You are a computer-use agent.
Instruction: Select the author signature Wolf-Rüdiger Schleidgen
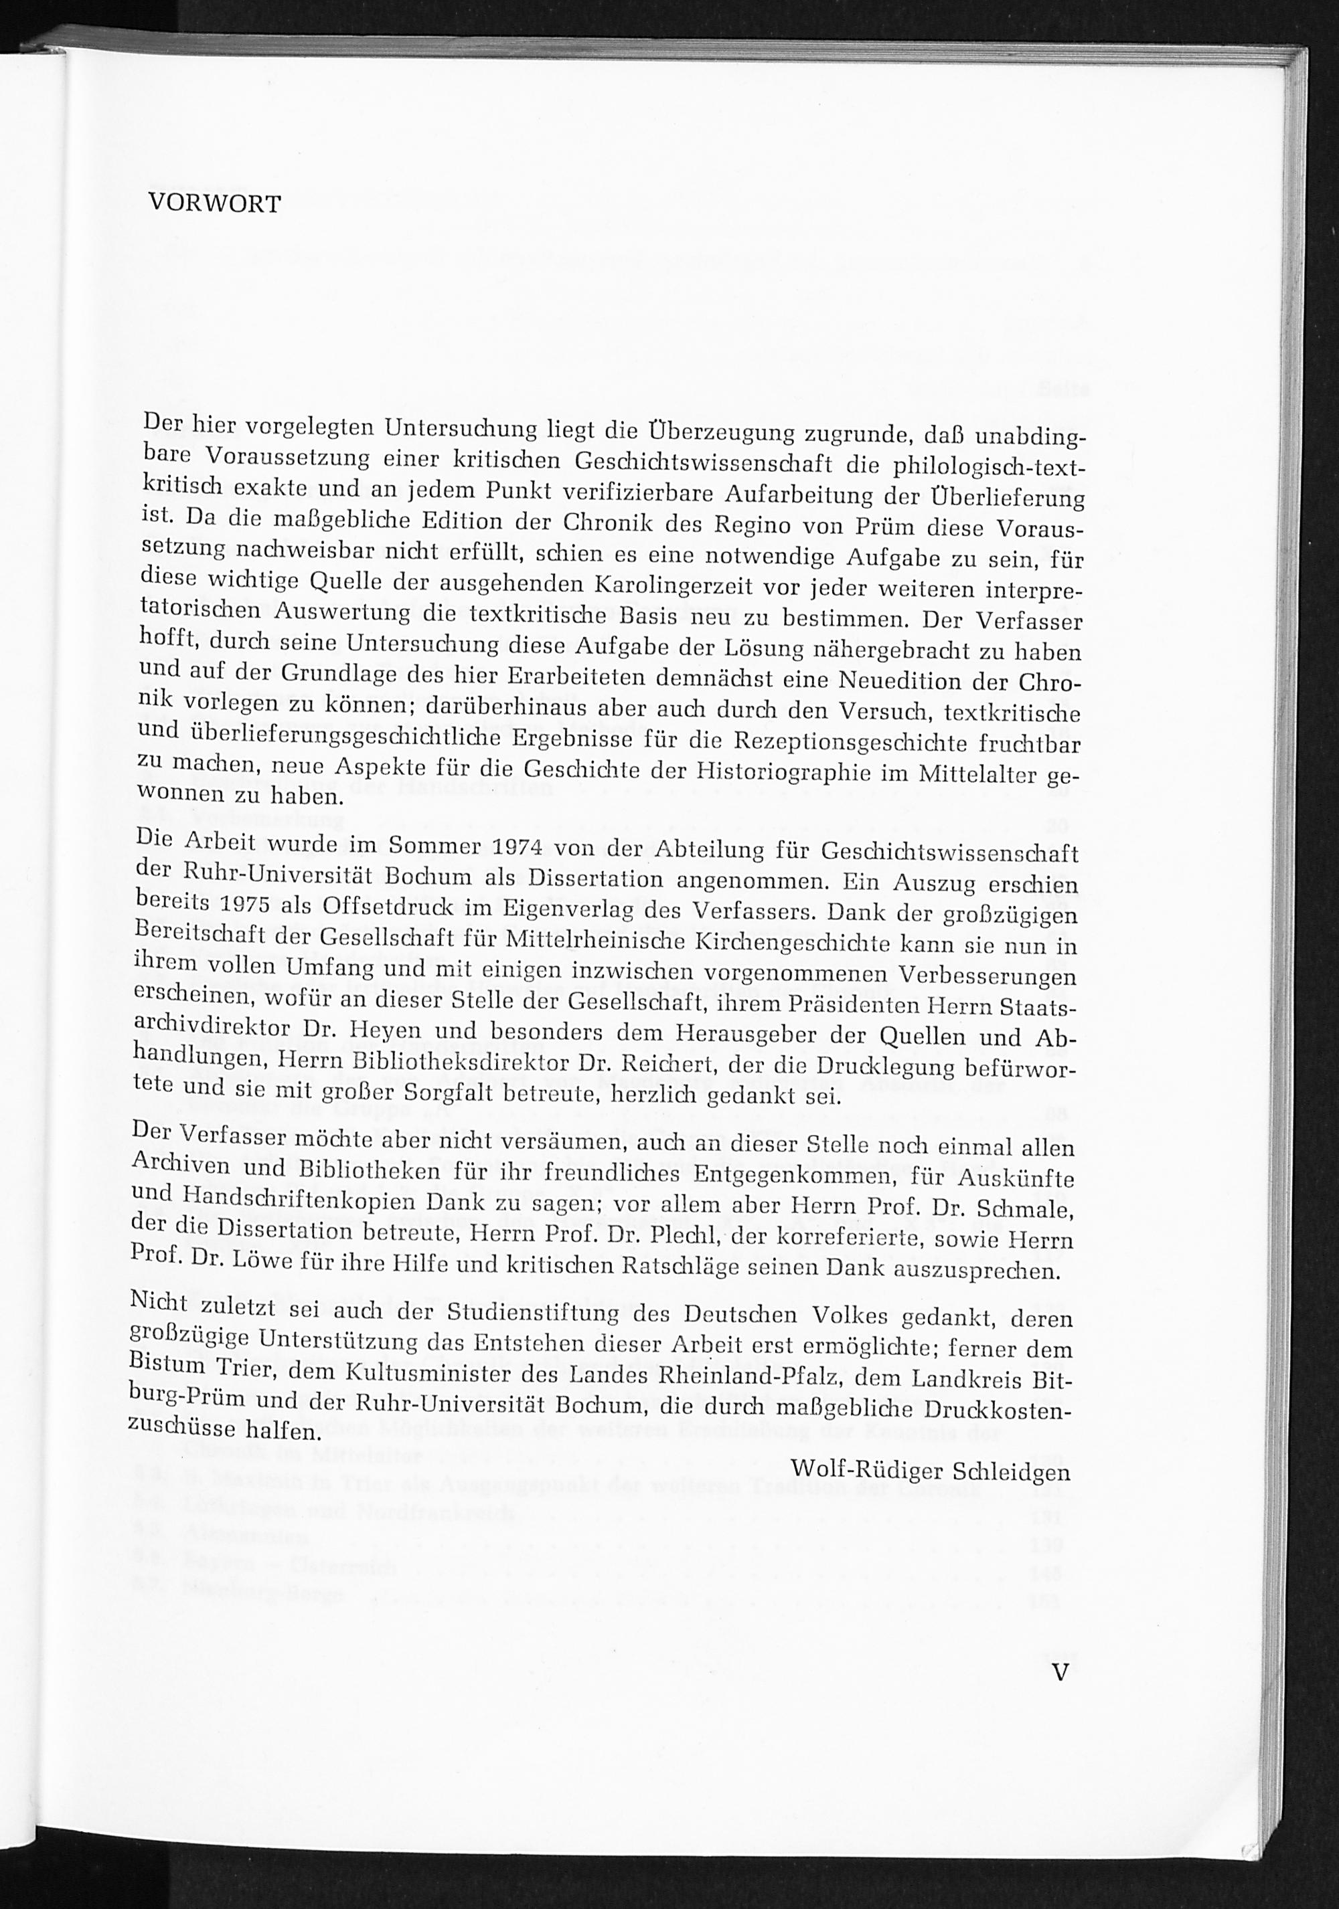click(930, 1469)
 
